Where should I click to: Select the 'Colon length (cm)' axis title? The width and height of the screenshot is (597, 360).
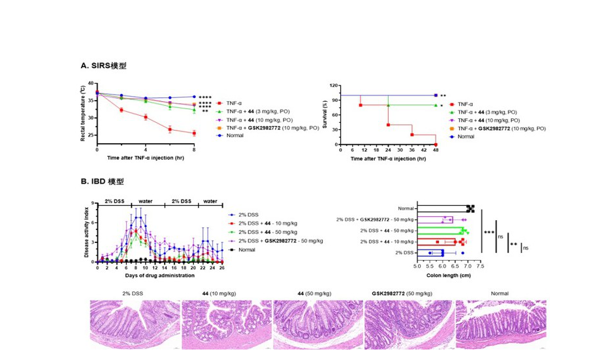pos(448,275)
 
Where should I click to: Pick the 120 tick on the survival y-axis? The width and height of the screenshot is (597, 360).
pos(333,86)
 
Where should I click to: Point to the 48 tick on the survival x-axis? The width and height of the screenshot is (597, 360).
pos(436,150)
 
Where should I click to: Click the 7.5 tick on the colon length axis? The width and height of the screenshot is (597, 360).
pos(481,267)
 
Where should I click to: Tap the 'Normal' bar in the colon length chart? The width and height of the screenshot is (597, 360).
pos(443,208)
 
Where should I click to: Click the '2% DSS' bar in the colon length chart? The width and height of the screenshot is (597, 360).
pos(430,252)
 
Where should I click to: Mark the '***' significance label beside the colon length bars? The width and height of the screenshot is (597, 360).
pos(489,232)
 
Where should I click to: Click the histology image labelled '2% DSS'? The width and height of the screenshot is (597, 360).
pos(135,323)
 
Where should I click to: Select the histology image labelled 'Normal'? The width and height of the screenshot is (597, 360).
pos(499,323)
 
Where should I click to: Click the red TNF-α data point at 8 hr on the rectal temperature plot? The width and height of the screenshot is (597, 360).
pos(194,133)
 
